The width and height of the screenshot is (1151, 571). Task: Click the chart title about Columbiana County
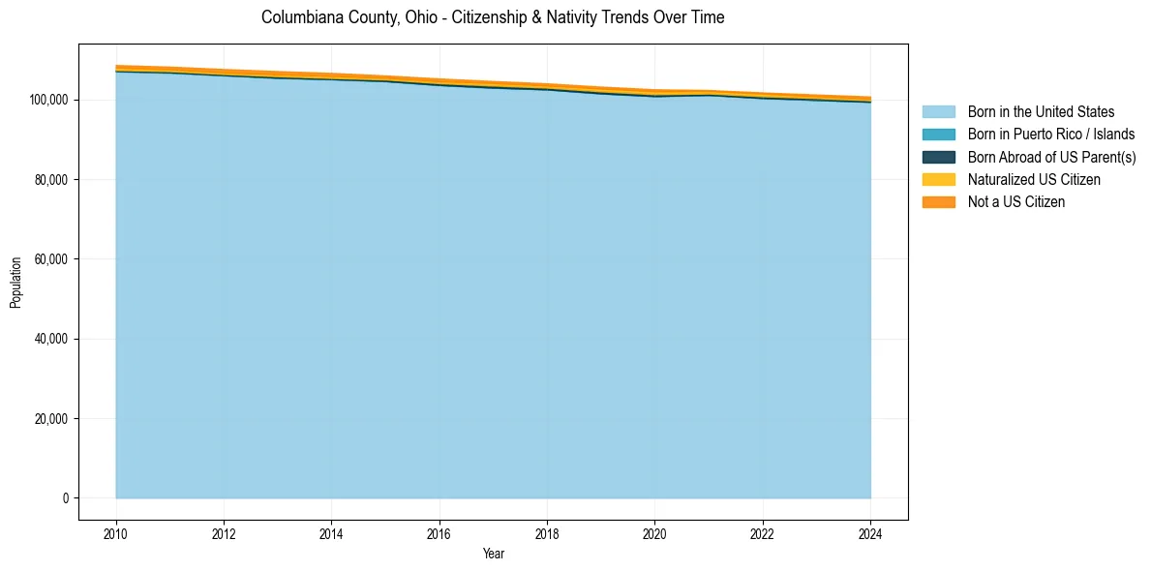[x=493, y=17]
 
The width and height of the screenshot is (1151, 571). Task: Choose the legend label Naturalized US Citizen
[x=1034, y=180]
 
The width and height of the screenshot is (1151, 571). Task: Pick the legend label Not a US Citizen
[x=1015, y=202]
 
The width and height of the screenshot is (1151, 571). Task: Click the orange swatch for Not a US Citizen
[x=938, y=202]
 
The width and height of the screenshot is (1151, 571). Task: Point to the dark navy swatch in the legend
[x=938, y=157]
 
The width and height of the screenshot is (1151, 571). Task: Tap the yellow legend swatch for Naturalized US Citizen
[x=938, y=180]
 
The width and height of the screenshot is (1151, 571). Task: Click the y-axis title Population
[x=15, y=283]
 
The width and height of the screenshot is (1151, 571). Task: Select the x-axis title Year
[x=493, y=555]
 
